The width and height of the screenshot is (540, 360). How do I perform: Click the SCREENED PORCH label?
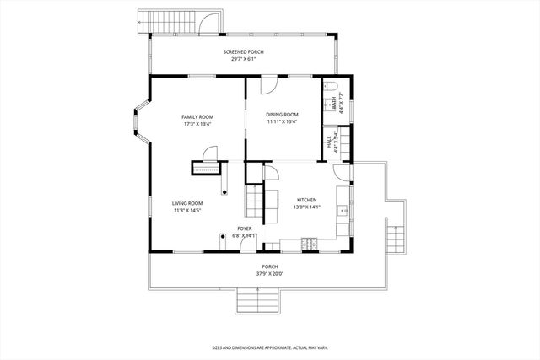tap(244, 52)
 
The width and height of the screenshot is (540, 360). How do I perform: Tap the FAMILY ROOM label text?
tap(198, 116)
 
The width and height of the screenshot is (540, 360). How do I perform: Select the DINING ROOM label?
tap(283, 115)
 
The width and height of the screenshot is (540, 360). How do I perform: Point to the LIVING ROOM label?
tap(187, 203)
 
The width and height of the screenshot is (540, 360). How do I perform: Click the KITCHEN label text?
tap(305, 200)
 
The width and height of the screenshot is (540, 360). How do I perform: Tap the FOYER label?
tap(244, 228)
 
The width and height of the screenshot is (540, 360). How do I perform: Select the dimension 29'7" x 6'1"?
tap(244, 59)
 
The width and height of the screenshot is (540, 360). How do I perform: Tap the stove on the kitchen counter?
tap(309, 244)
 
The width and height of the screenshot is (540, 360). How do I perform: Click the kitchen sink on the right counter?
tap(343, 210)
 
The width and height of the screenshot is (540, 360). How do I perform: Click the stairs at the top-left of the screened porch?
tap(155, 21)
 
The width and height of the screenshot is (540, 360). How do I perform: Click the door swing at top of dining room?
tap(268, 84)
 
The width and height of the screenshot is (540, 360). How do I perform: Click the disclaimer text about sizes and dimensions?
tap(269, 347)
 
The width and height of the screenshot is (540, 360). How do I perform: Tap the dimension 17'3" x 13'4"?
tap(198, 124)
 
